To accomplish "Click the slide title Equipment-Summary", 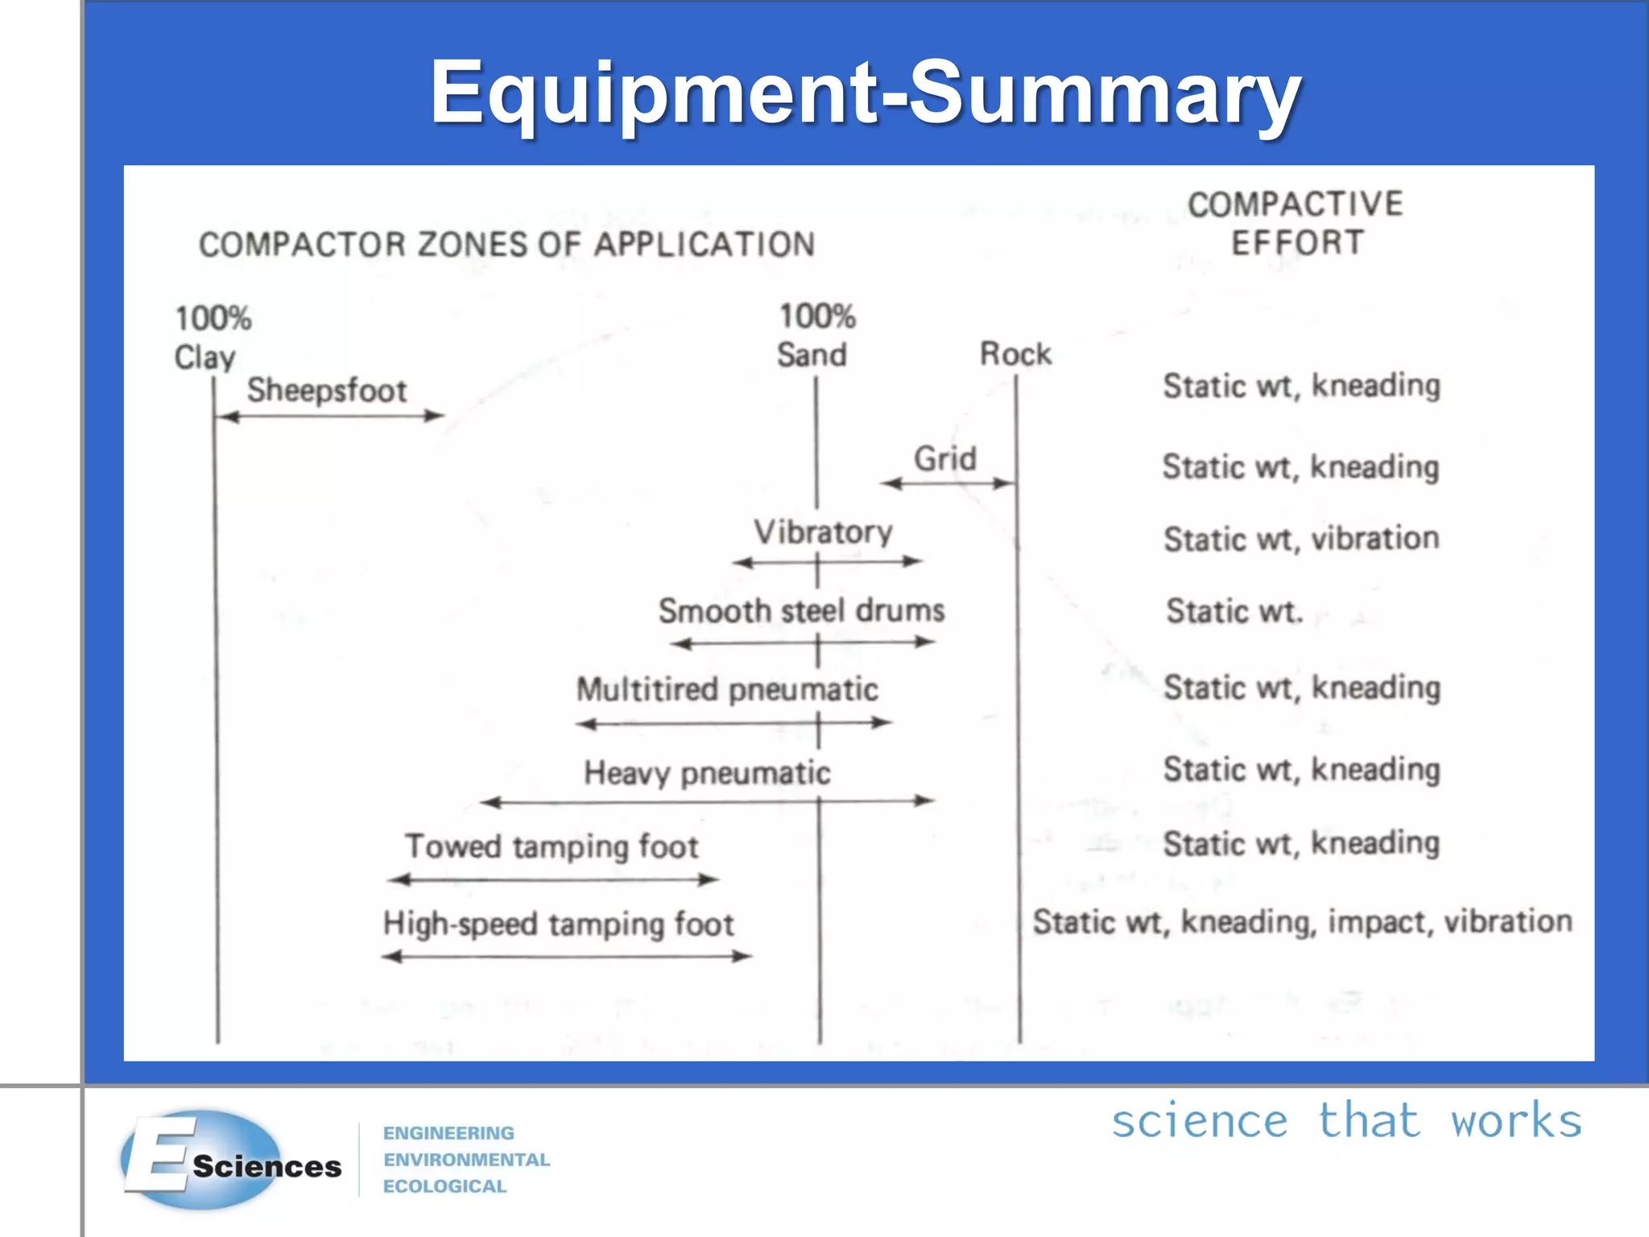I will click(x=865, y=92).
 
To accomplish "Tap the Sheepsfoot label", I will click(x=326, y=391).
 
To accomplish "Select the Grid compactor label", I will click(x=944, y=459).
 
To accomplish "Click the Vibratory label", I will click(x=823, y=532).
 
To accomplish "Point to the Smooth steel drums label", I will click(x=801, y=610).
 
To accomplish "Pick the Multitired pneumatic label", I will click(x=727, y=689).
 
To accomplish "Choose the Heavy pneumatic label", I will click(x=707, y=773).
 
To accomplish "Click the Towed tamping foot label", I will click(x=552, y=846).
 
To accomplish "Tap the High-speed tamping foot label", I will click(x=558, y=924).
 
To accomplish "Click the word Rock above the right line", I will click(x=1015, y=354).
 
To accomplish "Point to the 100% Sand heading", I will click(x=816, y=336).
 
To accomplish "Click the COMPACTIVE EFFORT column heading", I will click(x=1296, y=223).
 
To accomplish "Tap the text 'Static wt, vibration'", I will click(x=1301, y=539).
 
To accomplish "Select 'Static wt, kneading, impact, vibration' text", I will click(x=1302, y=921).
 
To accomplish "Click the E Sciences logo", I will click(x=232, y=1160).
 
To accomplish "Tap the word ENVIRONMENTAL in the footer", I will click(x=466, y=1160).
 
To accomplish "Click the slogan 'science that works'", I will click(x=1346, y=1121).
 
